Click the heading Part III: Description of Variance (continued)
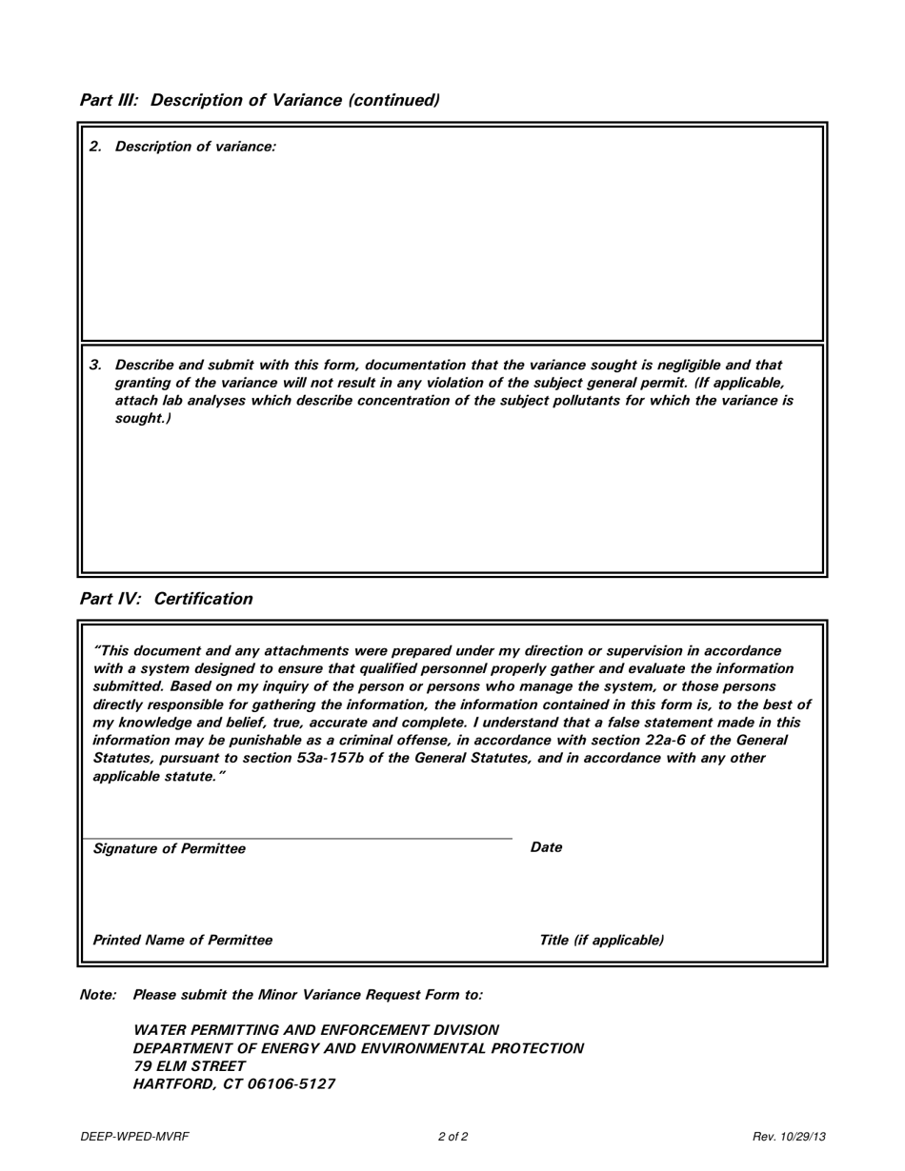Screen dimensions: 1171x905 259,100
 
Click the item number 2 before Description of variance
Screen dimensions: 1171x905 94,147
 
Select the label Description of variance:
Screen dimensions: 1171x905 195,147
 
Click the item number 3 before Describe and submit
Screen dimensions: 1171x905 94,365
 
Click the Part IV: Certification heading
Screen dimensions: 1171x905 167,599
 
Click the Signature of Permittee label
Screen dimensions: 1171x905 169,848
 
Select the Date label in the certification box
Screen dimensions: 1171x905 546,847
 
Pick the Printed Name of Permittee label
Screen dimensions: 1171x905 182,940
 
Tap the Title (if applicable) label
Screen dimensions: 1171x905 602,940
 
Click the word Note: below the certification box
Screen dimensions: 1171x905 98,994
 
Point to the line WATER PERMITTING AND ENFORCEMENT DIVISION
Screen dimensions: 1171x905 315,1030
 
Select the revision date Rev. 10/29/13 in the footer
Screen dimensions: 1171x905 789,1137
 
